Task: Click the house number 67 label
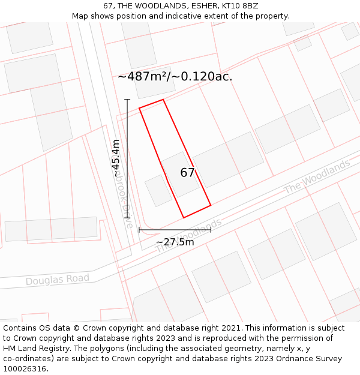tap(187, 173)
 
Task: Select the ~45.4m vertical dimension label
tap(116, 158)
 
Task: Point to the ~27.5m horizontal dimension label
tap(175, 242)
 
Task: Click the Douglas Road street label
tap(58, 280)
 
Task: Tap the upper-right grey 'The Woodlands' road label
tap(316, 176)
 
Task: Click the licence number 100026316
tap(26, 369)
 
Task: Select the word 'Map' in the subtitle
tap(80, 16)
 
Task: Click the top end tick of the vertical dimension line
tap(127, 100)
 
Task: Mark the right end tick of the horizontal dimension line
tap(211, 230)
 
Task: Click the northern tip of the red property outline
tap(163, 100)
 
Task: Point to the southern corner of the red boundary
tap(184, 217)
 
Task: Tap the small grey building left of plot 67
tap(158, 190)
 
